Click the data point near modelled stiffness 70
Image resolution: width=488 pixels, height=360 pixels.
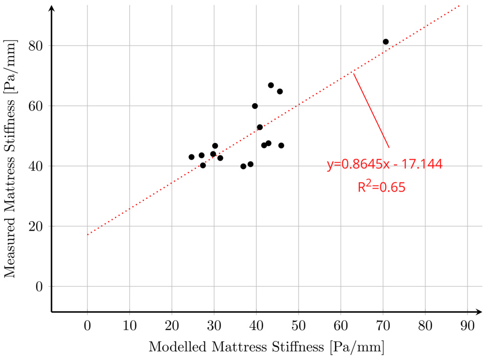pos(386,42)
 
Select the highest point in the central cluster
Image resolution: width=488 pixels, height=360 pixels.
pos(271,85)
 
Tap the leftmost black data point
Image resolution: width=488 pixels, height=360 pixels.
pos(191,157)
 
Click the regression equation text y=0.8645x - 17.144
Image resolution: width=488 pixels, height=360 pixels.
pos(385,165)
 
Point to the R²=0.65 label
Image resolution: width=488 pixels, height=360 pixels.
pos(382,187)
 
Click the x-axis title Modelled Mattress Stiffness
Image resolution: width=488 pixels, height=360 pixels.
pos(266,347)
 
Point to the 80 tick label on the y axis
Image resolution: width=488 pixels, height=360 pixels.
pos(37,46)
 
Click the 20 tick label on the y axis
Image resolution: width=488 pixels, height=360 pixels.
pos(37,227)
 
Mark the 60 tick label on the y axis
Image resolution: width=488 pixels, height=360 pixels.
pos(37,106)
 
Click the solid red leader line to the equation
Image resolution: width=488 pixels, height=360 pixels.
pos(371,110)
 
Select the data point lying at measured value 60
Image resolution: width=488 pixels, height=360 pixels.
pos(255,106)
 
